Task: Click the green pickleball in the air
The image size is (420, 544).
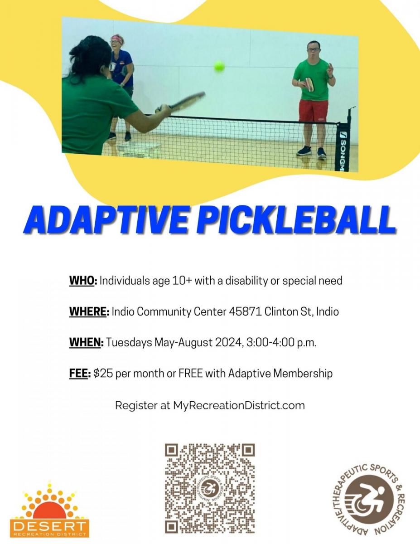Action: click(x=219, y=67)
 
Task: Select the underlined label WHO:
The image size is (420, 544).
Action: click(x=83, y=281)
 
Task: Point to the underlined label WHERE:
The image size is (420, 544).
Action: click(x=89, y=312)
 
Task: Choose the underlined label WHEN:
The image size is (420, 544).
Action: click(x=87, y=343)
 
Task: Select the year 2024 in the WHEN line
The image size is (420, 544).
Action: click(x=228, y=343)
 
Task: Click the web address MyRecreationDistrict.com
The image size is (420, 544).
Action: click(x=239, y=405)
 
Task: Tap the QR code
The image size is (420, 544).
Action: click(x=210, y=488)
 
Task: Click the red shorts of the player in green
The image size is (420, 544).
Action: click(x=313, y=111)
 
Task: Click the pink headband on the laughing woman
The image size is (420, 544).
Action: click(x=117, y=38)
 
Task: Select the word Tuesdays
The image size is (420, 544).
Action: click(x=129, y=343)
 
